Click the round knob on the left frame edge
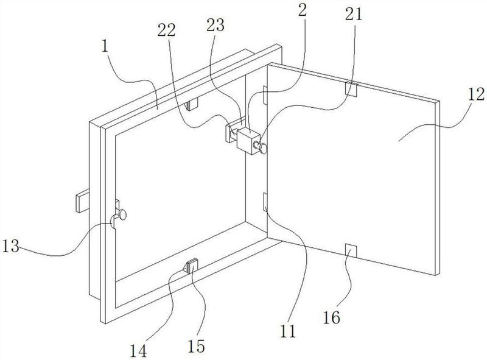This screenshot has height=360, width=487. [123, 214]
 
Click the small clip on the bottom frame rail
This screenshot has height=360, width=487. [191, 266]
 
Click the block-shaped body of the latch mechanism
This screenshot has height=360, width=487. [248, 139]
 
